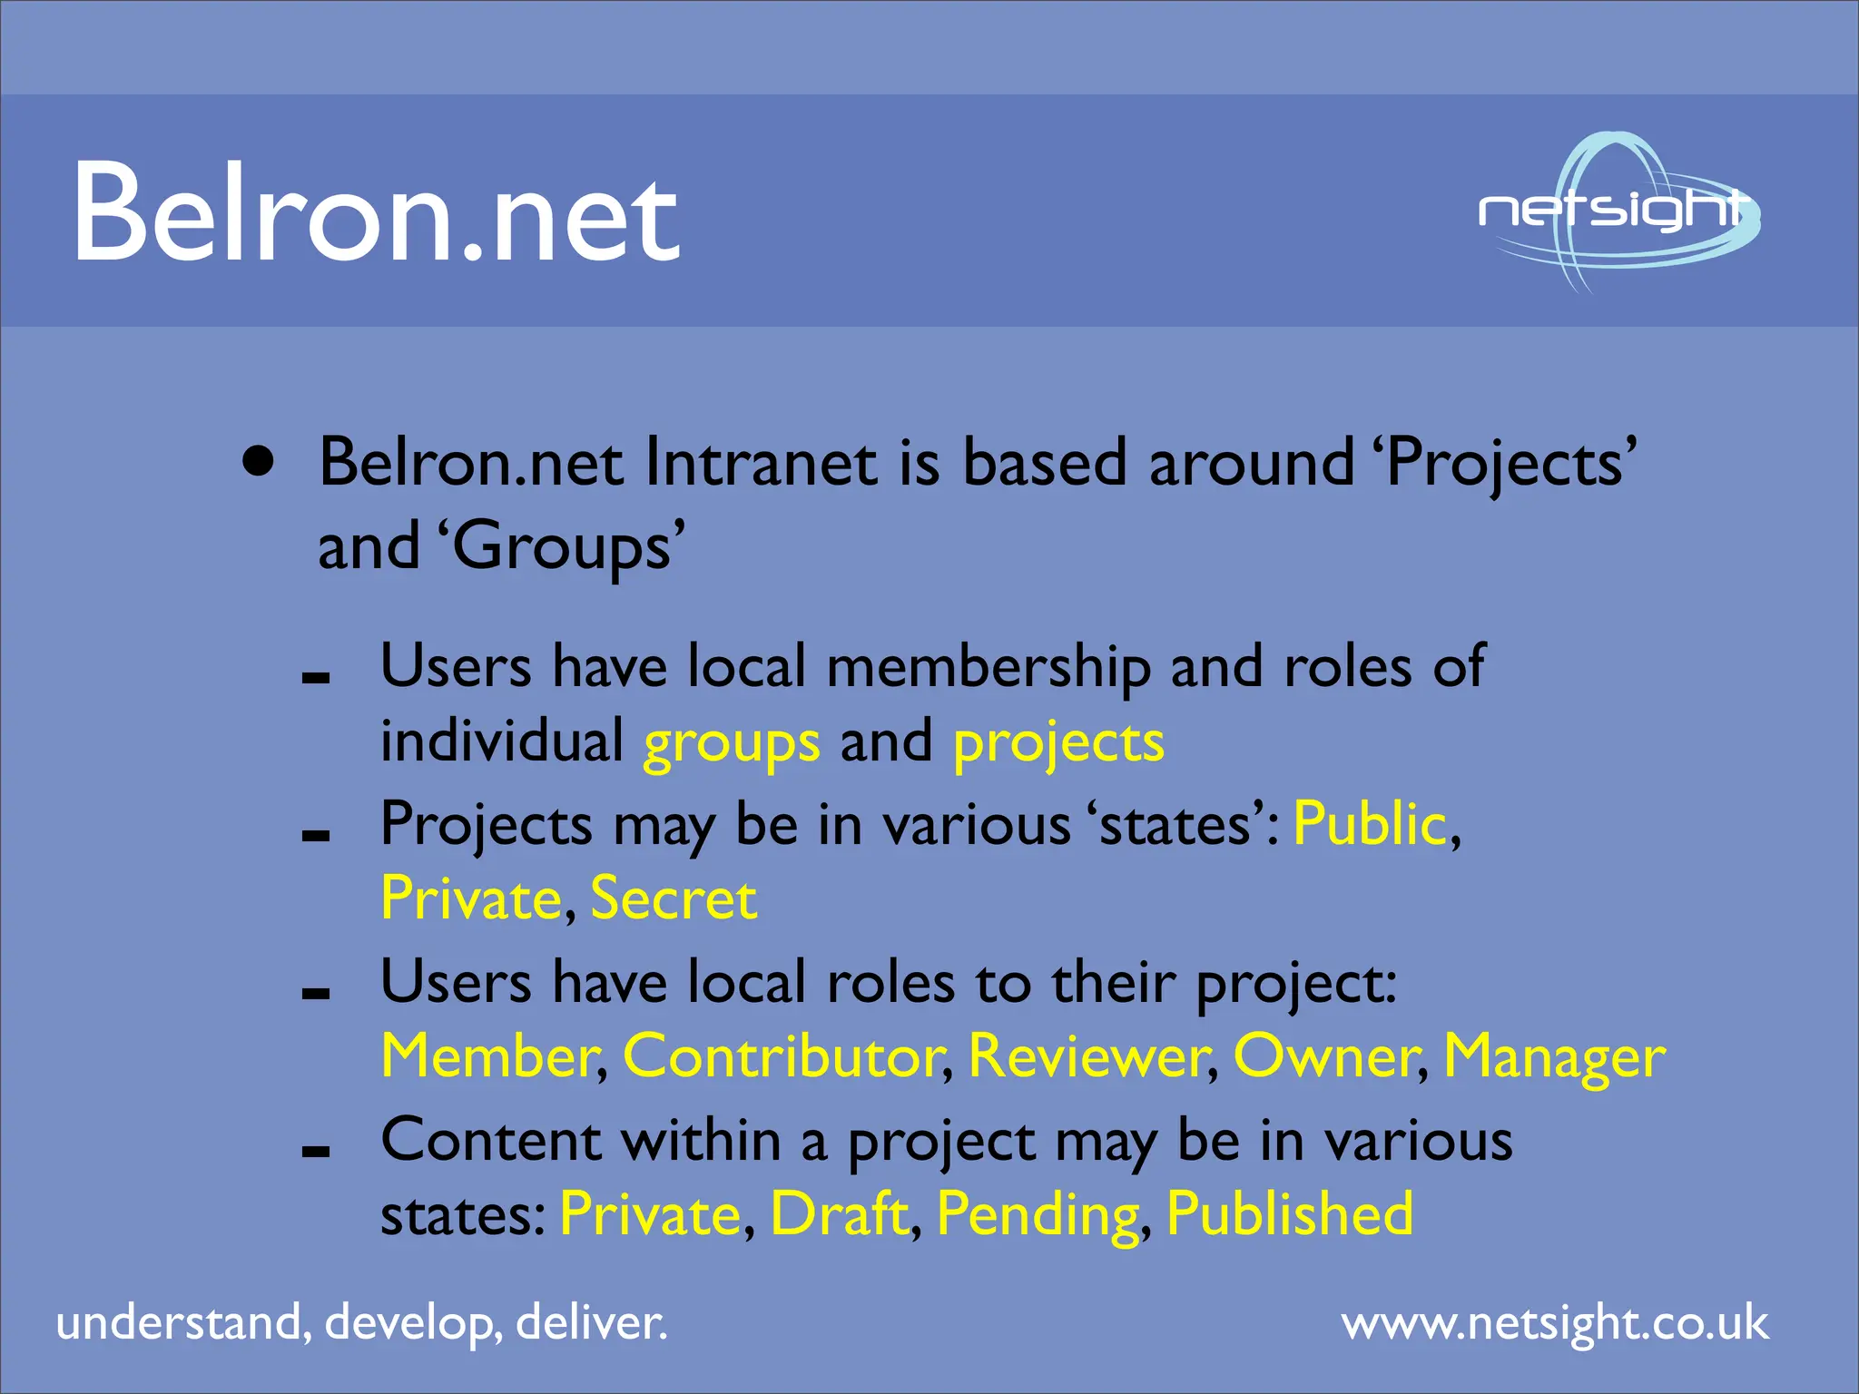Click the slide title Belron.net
coord(375,214)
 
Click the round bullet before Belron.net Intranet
coord(259,461)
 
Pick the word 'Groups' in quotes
coord(562,547)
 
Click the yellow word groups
coord(732,743)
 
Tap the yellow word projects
coord(1058,743)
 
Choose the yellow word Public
coord(1370,824)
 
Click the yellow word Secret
coord(673,899)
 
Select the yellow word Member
coord(490,1056)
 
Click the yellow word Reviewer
coord(1090,1056)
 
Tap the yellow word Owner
coord(1326,1056)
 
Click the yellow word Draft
coord(839,1214)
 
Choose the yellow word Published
coord(1290,1214)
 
